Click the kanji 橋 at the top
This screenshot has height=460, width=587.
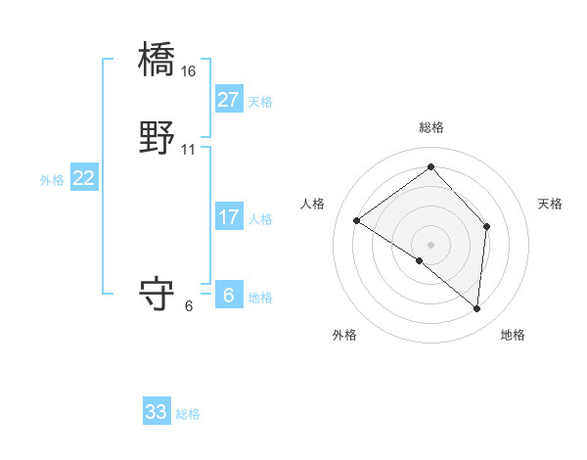[x=157, y=60]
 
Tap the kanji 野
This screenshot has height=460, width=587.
[x=157, y=138]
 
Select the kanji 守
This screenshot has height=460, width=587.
[x=157, y=294]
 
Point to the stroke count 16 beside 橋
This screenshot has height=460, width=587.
[x=189, y=71]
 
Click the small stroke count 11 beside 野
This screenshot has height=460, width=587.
[x=189, y=150]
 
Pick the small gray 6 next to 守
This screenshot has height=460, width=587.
[x=189, y=305]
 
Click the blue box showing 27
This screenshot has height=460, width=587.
[x=228, y=100]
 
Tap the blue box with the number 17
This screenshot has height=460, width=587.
[x=228, y=217]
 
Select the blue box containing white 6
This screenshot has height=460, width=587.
[x=228, y=296]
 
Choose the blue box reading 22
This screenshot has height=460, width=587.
[x=84, y=178]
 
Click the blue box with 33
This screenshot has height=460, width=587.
[x=157, y=412]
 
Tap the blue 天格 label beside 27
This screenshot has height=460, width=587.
[x=260, y=102]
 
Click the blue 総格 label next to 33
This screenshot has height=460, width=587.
[x=188, y=414]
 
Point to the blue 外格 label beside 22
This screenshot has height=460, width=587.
[x=52, y=180]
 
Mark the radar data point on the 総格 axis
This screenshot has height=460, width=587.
[x=430, y=166]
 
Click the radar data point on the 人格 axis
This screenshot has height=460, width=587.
[x=357, y=220]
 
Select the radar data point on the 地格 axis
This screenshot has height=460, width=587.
[x=476, y=309]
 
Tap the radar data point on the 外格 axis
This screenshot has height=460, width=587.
[x=420, y=260]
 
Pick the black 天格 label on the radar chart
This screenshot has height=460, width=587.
[x=550, y=204]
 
